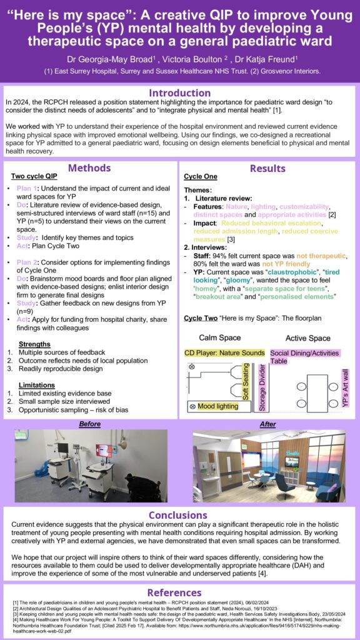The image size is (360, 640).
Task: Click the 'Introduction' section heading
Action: tap(179, 93)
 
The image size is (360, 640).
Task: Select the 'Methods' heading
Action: tap(89, 167)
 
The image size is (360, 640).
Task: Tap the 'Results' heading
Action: tap(267, 168)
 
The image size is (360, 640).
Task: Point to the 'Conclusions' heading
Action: tap(179, 515)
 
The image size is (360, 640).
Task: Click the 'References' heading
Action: tap(179, 592)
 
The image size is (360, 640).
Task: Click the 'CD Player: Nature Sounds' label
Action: tap(224, 353)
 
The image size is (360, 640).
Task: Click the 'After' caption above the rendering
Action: tap(267, 424)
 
